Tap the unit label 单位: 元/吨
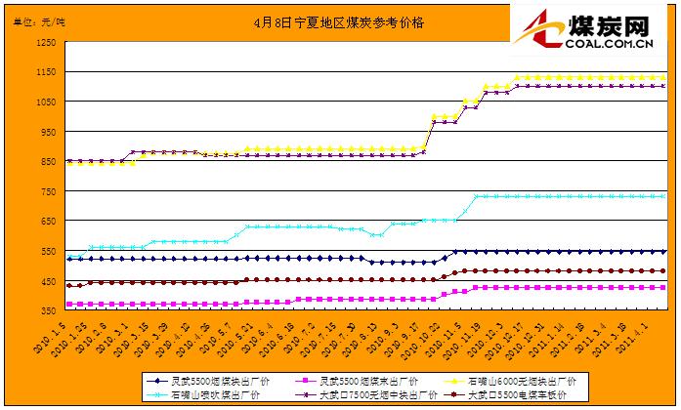tap(41, 20)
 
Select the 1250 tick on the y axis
tap(43, 44)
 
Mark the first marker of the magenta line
tap(68, 304)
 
